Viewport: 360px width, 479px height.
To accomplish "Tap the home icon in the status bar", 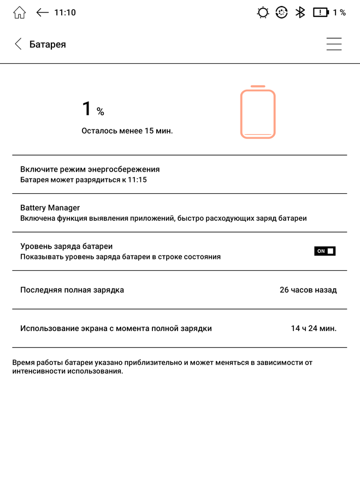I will click(x=19, y=13).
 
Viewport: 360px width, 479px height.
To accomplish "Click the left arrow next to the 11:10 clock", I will click(x=43, y=12).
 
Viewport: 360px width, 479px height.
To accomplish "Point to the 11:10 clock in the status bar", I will click(x=65, y=12).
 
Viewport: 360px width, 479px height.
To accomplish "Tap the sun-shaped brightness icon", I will click(x=263, y=13).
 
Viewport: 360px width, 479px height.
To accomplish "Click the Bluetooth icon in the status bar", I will click(x=300, y=12).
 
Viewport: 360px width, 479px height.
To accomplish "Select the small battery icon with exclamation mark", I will click(x=321, y=12).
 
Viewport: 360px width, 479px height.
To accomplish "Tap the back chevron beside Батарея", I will click(x=18, y=44).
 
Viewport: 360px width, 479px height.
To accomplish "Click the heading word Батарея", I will click(x=48, y=44).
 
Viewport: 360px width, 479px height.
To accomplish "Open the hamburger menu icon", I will click(x=334, y=44).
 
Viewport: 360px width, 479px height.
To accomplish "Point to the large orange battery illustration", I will click(x=258, y=113).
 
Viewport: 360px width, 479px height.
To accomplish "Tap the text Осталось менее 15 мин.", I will click(x=127, y=131).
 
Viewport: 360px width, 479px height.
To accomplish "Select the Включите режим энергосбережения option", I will click(x=90, y=169).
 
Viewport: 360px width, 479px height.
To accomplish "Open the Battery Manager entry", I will click(x=50, y=208).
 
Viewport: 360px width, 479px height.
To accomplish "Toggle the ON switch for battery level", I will click(x=324, y=251).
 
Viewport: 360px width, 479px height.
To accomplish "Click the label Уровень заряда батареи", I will click(x=66, y=246).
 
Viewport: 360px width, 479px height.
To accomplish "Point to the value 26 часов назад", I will click(x=308, y=289).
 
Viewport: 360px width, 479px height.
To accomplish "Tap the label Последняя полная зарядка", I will click(x=72, y=289).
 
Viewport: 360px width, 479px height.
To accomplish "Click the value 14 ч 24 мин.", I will click(x=314, y=328).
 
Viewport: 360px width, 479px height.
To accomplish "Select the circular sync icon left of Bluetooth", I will click(x=281, y=13).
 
